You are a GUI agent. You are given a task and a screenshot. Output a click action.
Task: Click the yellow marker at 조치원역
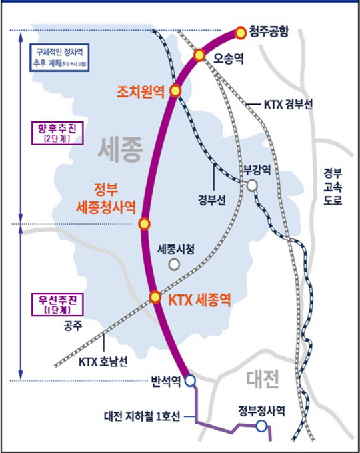(x=175, y=91)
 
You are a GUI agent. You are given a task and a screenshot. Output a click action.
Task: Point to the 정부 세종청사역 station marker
(x=143, y=224)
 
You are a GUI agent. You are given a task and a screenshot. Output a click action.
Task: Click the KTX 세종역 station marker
(x=155, y=297)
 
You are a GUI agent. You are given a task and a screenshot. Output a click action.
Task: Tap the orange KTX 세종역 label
(x=199, y=298)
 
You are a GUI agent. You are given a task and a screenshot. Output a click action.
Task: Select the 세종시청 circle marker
(x=174, y=264)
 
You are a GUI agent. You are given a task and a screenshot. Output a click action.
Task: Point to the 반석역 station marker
(x=189, y=382)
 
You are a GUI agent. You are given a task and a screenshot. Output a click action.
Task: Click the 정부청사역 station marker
(x=261, y=426)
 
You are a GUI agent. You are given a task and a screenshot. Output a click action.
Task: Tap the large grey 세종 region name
(x=121, y=150)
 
